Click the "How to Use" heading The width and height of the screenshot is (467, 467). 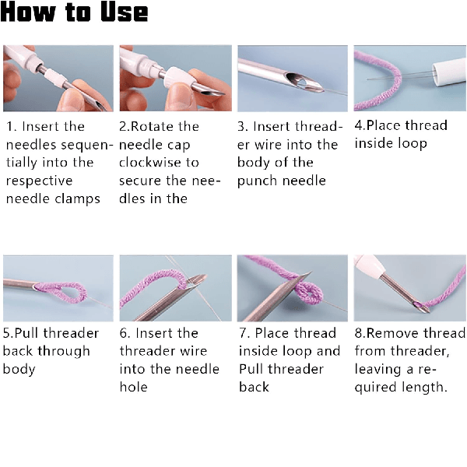74,12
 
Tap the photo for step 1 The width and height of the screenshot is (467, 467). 58,79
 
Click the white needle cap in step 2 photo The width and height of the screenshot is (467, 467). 177,76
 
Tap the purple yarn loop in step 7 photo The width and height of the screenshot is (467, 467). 309,293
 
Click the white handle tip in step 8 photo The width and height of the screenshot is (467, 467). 368,265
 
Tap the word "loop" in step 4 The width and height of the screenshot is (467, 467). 413,143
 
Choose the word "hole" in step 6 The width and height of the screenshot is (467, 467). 133,387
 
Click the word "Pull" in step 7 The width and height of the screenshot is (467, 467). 251,369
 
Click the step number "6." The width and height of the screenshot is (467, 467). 125,333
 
